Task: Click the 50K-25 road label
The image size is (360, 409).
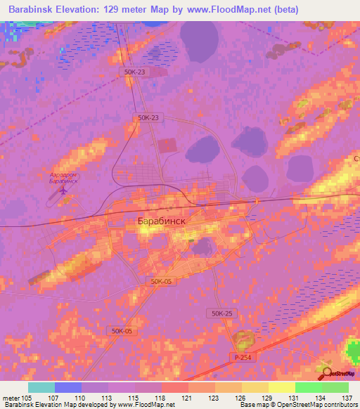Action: pos(221,312)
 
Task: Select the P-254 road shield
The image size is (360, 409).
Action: pos(243,357)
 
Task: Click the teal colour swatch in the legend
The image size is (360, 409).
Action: pos(41,387)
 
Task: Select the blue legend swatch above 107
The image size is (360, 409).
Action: pos(68,387)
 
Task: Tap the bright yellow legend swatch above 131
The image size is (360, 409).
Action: pos(282,387)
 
